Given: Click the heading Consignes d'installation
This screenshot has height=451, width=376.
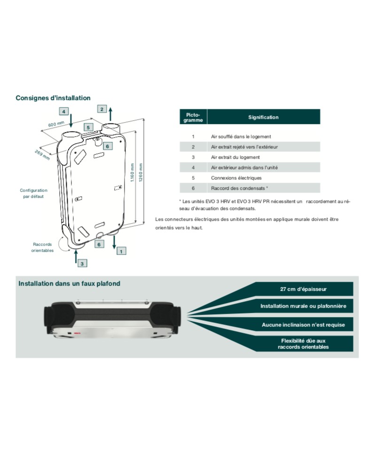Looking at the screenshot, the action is (x=53, y=98).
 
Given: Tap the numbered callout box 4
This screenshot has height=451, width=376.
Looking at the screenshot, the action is (x=63, y=111).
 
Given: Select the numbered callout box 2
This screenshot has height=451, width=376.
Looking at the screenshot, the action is (x=102, y=109).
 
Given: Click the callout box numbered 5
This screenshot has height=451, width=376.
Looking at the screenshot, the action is (x=88, y=127).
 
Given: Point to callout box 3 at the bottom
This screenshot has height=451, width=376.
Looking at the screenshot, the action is (x=82, y=264).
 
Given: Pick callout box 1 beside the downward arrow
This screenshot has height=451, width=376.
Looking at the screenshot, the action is (x=121, y=251).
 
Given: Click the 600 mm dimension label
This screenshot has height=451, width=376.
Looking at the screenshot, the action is (x=56, y=124).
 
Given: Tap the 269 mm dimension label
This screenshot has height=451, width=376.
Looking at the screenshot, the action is (x=42, y=155).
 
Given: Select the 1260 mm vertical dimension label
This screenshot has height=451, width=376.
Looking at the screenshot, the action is (x=141, y=172).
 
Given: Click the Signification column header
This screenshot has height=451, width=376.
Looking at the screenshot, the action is (x=263, y=117).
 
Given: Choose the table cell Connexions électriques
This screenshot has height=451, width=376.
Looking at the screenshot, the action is (x=236, y=178).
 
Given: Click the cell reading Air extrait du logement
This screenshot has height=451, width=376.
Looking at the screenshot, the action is (x=235, y=157).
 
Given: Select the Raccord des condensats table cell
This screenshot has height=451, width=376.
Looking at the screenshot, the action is (x=239, y=188).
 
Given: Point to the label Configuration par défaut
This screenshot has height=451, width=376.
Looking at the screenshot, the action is (x=34, y=193).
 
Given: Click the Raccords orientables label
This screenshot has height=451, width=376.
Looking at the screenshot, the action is (x=42, y=248).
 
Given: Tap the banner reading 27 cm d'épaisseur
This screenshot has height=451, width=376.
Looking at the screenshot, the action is (x=303, y=289).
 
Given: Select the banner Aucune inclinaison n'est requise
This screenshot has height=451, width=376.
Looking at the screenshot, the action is (x=303, y=325).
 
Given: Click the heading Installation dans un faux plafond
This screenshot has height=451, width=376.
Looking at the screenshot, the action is (x=70, y=283).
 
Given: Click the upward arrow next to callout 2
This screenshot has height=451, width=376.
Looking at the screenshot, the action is (x=110, y=114).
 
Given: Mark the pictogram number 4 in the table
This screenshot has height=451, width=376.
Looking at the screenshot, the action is (x=193, y=167).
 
